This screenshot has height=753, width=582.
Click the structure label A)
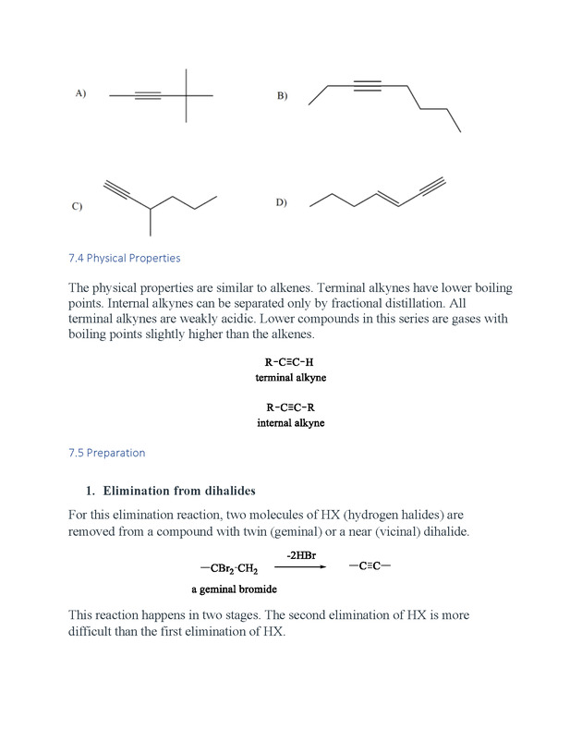pyautogui.click(x=81, y=93)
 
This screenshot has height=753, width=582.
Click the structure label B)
pyautogui.click(x=282, y=96)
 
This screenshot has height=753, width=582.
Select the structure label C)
pyautogui.click(x=77, y=207)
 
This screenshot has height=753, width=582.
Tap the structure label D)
pyautogui.click(x=281, y=202)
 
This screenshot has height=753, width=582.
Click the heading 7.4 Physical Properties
pyautogui.click(x=124, y=258)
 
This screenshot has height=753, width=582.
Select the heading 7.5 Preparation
pyautogui.click(x=106, y=453)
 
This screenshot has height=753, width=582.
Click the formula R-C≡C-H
pyautogui.click(x=290, y=362)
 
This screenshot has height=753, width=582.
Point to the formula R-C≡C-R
pyautogui.click(x=291, y=407)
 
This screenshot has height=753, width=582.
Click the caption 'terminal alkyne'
pyautogui.click(x=291, y=378)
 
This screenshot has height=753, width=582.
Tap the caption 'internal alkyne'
pyautogui.click(x=291, y=423)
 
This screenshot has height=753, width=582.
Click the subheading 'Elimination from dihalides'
pyautogui.click(x=179, y=490)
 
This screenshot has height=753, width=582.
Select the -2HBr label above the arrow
pyautogui.click(x=301, y=554)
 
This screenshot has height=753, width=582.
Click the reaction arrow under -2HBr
pyautogui.click(x=301, y=567)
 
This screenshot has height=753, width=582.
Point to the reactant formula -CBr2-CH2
pyautogui.click(x=229, y=569)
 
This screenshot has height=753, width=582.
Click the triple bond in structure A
pyautogui.click(x=148, y=95)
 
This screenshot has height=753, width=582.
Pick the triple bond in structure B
pyautogui.click(x=368, y=86)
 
